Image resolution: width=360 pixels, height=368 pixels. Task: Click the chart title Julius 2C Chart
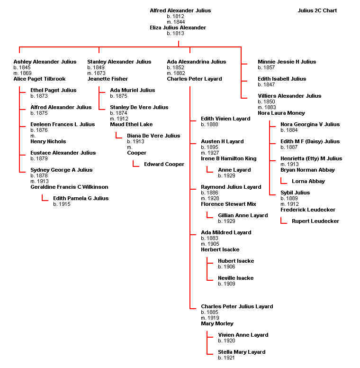point(317,10)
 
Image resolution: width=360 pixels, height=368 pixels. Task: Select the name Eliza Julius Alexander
point(178,28)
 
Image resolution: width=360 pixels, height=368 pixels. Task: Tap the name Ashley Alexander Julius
point(45,62)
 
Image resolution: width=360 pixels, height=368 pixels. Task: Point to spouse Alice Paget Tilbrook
point(39,79)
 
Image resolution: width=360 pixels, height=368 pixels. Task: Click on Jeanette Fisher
point(108,79)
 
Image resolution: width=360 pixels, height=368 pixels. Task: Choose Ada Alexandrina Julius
point(197,62)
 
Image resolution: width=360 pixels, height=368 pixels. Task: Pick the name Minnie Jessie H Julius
point(287,62)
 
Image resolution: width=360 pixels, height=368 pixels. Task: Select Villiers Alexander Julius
point(289,96)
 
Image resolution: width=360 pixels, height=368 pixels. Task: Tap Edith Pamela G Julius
point(81,198)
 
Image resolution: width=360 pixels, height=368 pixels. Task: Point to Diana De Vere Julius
point(153,136)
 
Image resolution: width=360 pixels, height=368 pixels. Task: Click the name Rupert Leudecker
point(315,221)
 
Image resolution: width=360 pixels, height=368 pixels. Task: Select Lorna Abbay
point(308,181)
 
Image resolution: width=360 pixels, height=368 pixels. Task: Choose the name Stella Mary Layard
point(242,352)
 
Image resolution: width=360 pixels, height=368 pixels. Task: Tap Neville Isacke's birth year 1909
point(226,284)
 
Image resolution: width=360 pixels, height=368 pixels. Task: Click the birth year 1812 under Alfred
point(178,16)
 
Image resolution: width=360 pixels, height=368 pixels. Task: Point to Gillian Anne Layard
point(243,215)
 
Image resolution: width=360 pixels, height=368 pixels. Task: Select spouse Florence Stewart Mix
point(228,204)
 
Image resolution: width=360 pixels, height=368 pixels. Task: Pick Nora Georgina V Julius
point(310,124)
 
